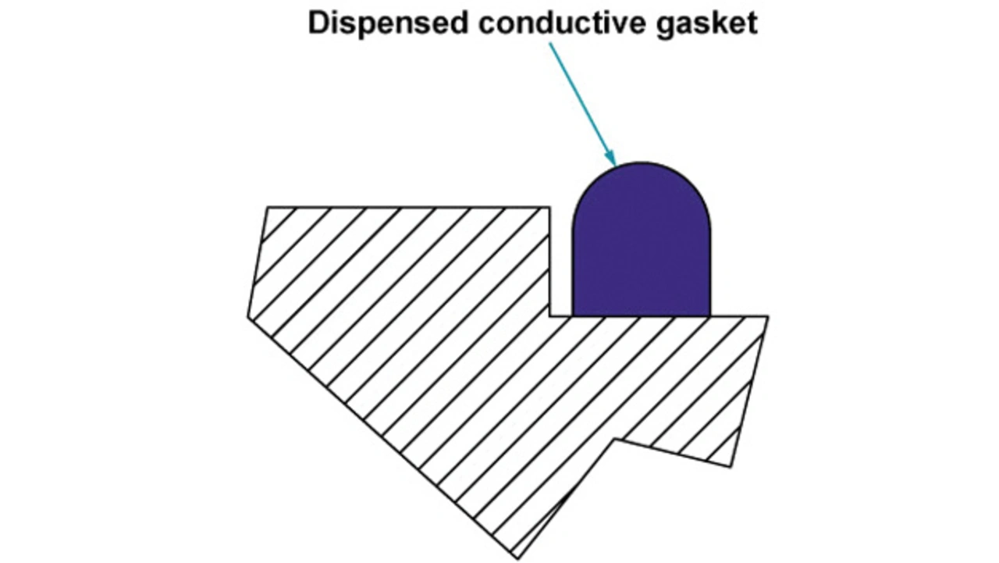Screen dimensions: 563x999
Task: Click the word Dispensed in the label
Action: tap(388, 23)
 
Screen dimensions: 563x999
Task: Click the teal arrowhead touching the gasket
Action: tap(612, 159)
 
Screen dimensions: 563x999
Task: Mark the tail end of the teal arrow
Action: tap(550, 44)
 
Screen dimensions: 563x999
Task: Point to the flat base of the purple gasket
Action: tap(642, 315)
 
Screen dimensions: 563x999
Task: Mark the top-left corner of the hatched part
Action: tap(267, 208)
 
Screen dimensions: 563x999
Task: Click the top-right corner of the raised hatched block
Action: tap(549, 208)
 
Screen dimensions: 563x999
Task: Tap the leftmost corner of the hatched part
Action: tap(248, 317)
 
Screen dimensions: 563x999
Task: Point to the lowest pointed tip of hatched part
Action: tap(517, 558)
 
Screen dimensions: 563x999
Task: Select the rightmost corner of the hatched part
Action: tap(768, 317)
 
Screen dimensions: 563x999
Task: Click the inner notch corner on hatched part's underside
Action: tap(615, 440)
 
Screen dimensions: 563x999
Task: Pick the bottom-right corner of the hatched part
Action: tap(731, 467)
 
